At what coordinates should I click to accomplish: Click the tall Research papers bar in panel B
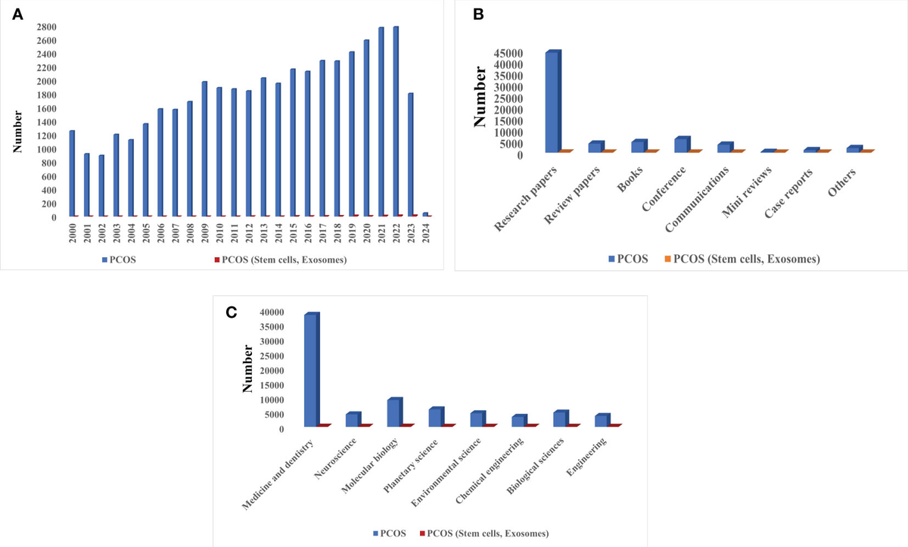(552, 102)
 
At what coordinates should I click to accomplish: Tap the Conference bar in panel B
(681, 145)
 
